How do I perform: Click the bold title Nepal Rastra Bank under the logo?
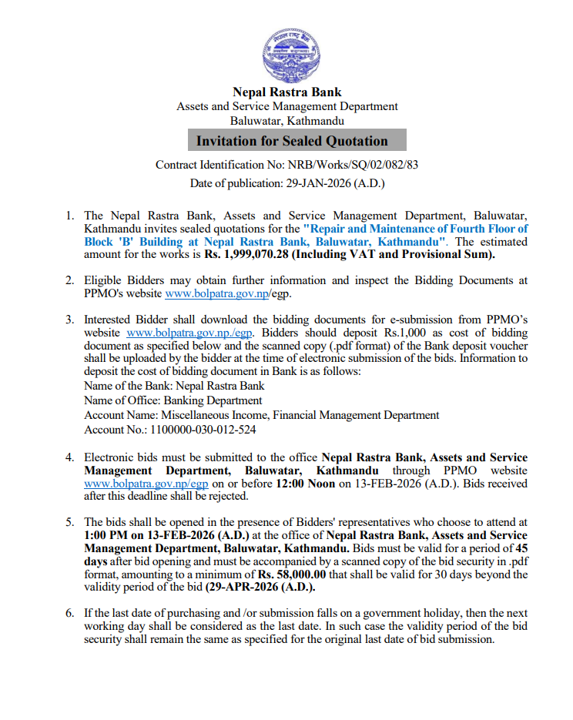pyautogui.click(x=286, y=92)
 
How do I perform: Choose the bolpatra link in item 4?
pyautogui.click(x=146, y=484)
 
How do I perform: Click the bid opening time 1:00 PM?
pyautogui.click(x=107, y=535)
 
